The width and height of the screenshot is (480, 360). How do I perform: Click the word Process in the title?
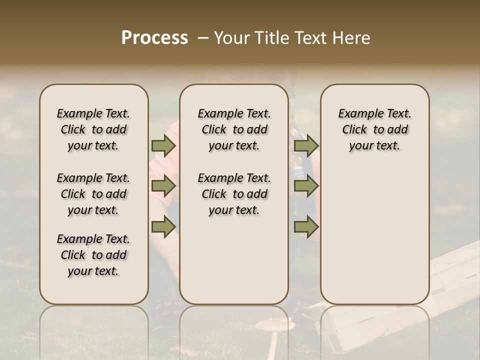coord(154,37)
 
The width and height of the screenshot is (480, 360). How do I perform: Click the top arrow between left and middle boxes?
coord(163,146)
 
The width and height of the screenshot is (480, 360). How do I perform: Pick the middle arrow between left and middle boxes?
coord(163,186)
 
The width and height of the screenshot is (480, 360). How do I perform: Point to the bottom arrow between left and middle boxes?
coord(163,226)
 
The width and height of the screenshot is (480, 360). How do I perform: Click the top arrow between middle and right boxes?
coord(306,146)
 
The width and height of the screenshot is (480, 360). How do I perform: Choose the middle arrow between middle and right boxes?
coord(306,186)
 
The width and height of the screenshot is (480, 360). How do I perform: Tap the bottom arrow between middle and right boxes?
coord(306,226)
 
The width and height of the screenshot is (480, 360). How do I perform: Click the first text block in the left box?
coord(93,129)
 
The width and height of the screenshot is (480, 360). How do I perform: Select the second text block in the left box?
coord(93,194)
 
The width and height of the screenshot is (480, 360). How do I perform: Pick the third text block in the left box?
coord(93,255)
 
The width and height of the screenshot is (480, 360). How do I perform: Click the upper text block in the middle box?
coord(234,129)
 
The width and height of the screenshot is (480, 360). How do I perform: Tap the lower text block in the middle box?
coord(234,194)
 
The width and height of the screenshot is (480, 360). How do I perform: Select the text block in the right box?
coord(374,129)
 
